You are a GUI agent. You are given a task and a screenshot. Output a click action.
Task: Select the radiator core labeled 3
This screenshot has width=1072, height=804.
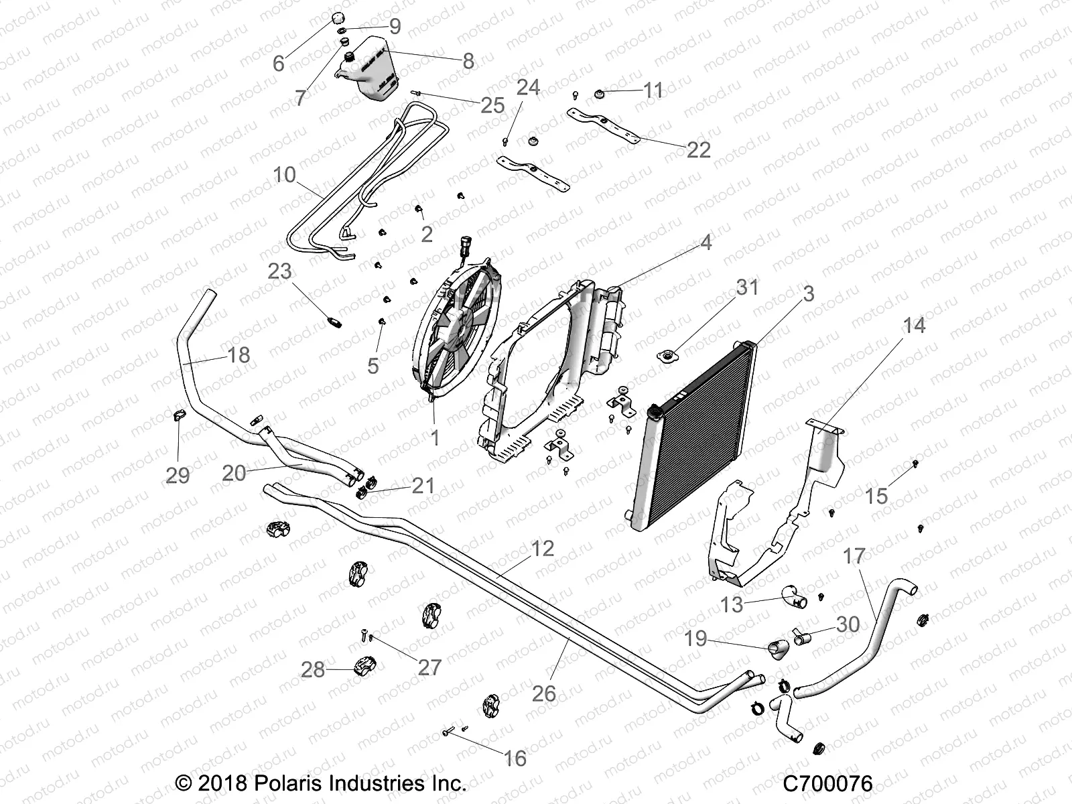tap(697, 442)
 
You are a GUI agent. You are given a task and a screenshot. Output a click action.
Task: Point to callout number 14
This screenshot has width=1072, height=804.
tap(914, 326)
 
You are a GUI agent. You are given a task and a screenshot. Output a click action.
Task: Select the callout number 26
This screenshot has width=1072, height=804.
tap(544, 693)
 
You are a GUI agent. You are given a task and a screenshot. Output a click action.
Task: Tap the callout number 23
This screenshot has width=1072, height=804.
tap(280, 271)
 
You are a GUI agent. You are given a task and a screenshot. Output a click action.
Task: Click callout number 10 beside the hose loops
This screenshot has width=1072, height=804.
tap(285, 175)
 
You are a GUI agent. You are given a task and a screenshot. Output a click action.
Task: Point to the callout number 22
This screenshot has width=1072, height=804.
tap(698, 149)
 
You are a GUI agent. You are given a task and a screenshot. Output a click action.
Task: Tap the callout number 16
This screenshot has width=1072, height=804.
tap(515, 758)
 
